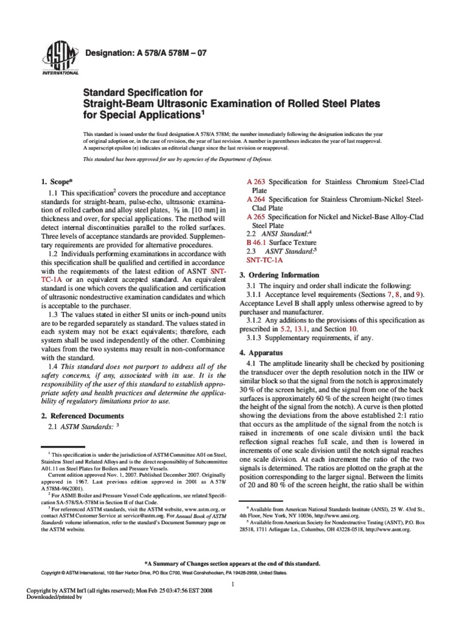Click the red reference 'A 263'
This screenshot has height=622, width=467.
255,182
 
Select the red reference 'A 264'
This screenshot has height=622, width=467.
255,199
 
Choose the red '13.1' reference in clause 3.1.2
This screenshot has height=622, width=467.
325,329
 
